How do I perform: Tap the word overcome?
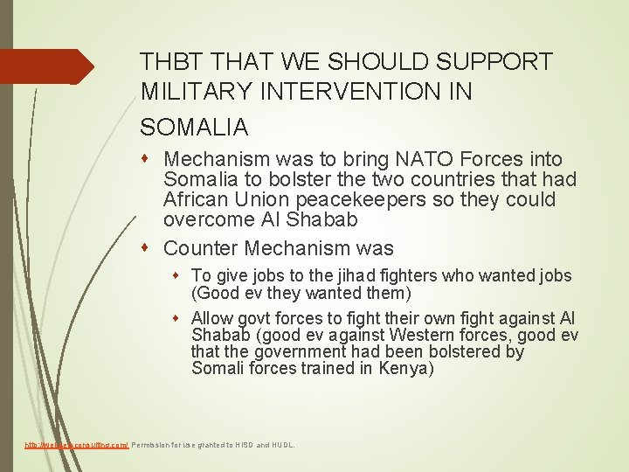click(x=206, y=219)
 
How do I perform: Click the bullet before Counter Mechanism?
click(x=153, y=248)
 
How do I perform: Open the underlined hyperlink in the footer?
click(x=76, y=445)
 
